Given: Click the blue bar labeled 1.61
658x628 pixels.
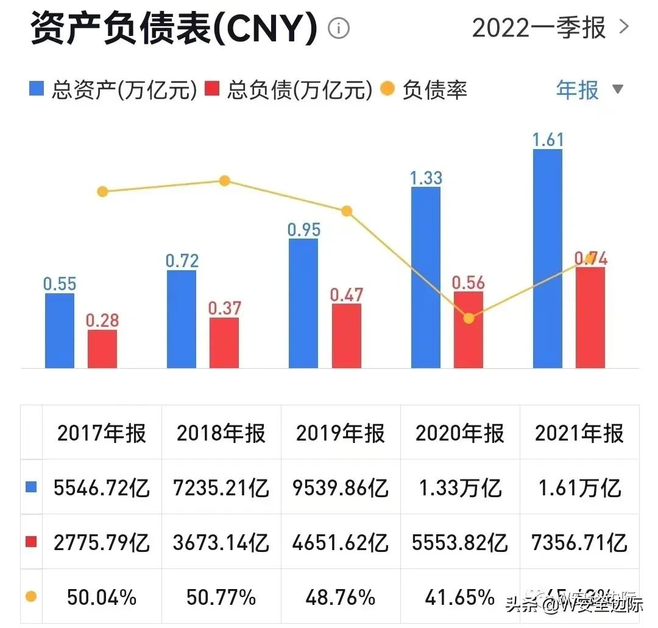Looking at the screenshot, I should coord(547,259).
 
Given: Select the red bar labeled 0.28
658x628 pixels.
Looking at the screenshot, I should coord(102,349).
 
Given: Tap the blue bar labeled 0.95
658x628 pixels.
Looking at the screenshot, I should coord(303,303).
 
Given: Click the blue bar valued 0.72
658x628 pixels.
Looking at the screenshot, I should coord(181,319).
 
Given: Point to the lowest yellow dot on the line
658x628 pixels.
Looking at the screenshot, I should coord(468,318).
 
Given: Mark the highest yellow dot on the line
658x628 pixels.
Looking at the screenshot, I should coord(224,181).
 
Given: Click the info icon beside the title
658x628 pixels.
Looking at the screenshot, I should coord(339,28).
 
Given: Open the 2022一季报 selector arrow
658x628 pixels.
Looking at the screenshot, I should coord(623,27).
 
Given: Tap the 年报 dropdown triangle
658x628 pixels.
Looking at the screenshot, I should coord(617,89).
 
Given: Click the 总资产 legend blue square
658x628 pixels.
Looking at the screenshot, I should coord(37,90).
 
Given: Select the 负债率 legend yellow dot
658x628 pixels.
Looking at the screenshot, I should coord(387,90).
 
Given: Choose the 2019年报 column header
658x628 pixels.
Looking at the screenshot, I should coord(341,433).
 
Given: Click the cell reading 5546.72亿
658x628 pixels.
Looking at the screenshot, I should coord(102,487).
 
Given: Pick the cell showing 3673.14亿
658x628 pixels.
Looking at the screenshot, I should coord(221,542).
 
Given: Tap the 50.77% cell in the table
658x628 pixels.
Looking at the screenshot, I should coord(221,597).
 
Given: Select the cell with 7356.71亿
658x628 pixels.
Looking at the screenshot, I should coord(579,542).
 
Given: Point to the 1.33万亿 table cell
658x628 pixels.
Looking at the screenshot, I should coord(460,487).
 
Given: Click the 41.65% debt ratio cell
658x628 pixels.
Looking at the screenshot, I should coord(460,597).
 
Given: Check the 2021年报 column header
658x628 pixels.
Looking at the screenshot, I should coord(579,433).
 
